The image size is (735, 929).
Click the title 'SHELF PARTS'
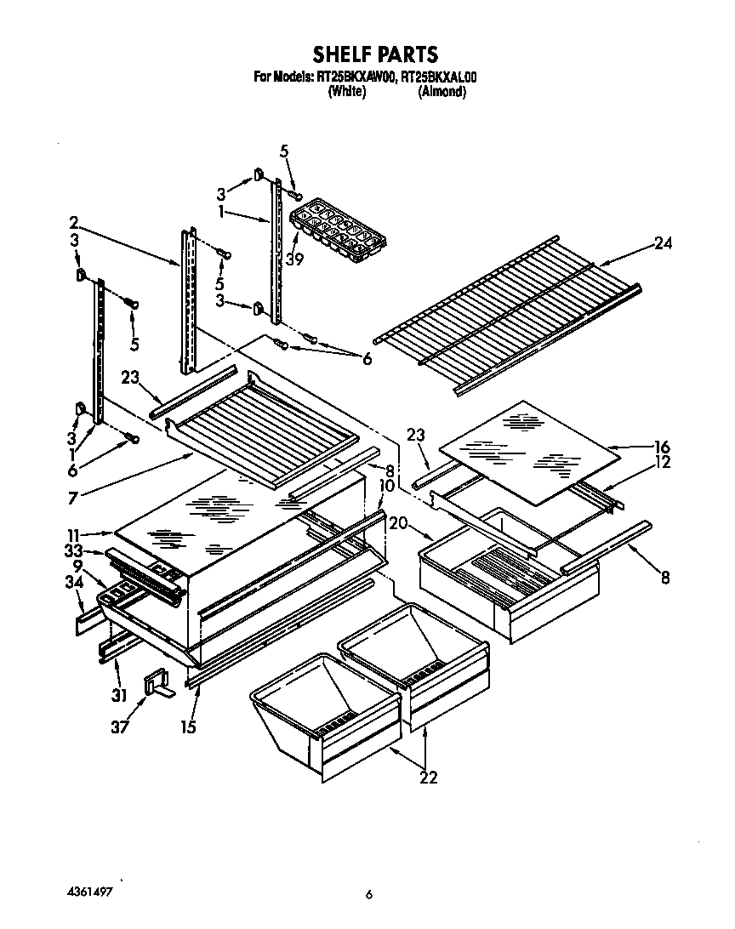pyautogui.click(x=374, y=55)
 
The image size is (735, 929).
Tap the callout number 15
pyautogui.click(x=187, y=727)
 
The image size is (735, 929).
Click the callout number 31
pyautogui.click(x=118, y=695)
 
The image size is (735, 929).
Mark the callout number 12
pyautogui.click(x=662, y=462)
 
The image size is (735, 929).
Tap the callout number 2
pyautogui.click(x=74, y=223)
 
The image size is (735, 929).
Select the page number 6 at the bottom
pyautogui.click(x=368, y=894)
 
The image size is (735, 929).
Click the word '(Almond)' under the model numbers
pyautogui.click(x=441, y=92)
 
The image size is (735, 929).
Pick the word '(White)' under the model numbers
pyautogui.click(x=346, y=92)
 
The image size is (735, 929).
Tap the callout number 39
pyautogui.click(x=295, y=260)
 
